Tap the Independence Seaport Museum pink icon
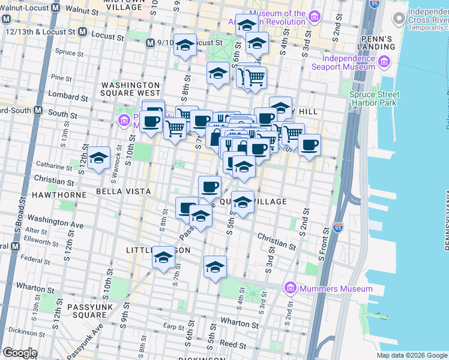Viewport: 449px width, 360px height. pyautogui.click(x=382, y=62)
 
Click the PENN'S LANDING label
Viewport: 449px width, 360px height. pyautogui.click(x=376, y=43)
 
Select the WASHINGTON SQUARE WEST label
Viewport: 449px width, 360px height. pyautogui.click(x=130, y=89)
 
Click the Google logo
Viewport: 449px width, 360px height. pyautogui.click(x=20, y=353)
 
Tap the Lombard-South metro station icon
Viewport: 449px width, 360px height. pyautogui.click(x=37, y=110)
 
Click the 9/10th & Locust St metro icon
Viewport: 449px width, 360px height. pyautogui.click(x=150, y=43)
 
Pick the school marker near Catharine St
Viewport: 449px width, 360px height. pyautogui.click(x=99, y=159)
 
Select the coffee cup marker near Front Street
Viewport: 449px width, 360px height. pyautogui.click(x=309, y=145)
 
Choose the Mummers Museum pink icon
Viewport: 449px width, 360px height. pyautogui.click(x=291, y=289)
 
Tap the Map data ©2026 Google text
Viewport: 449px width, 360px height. pyautogui.click(x=411, y=355)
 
